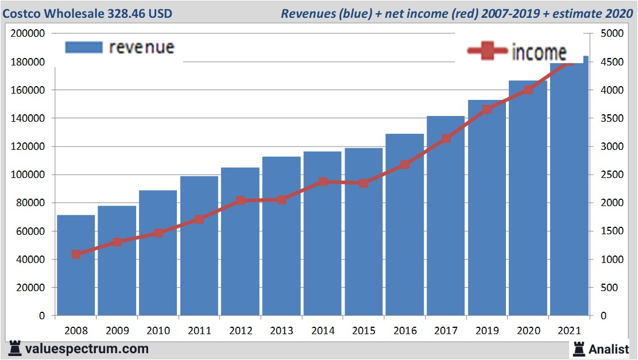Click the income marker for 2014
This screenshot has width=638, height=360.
(x=323, y=181)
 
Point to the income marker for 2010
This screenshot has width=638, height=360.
(x=158, y=233)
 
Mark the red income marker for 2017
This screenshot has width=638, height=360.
(x=446, y=138)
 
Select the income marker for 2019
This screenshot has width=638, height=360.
(x=487, y=109)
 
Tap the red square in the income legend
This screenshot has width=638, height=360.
(x=488, y=52)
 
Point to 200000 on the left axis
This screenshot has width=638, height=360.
(x=28, y=33)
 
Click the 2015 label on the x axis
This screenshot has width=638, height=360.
(x=364, y=331)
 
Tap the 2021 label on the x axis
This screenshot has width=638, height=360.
(x=569, y=331)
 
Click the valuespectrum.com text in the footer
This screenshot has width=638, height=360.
(x=87, y=349)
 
